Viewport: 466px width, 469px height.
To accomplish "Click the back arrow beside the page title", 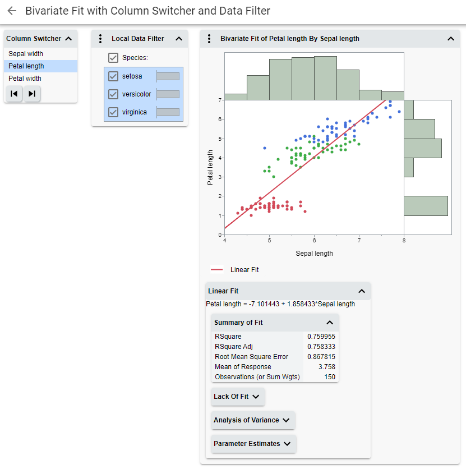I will pyautogui.click(x=12, y=11).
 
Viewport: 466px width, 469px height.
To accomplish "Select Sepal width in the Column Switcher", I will pyautogui.click(x=26, y=54).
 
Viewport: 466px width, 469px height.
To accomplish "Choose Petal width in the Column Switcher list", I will pyautogui.click(x=25, y=79).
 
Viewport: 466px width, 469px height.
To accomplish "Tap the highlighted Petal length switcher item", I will pyautogui.click(x=26, y=66).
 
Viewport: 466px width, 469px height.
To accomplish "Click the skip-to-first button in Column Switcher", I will pyautogui.click(x=14, y=94).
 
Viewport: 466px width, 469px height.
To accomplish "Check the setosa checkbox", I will pyautogui.click(x=113, y=76).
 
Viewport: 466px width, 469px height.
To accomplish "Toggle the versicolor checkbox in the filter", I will pyautogui.click(x=113, y=94).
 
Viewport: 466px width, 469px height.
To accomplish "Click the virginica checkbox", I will pyautogui.click(x=113, y=112).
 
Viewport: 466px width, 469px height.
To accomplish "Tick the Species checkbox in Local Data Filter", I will pyautogui.click(x=113, y=58).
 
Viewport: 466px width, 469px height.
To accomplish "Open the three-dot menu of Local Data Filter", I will pyautogui.click(x=100, y=39).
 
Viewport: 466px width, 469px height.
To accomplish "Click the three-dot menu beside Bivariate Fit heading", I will pyautogui.click(x=209, y=39).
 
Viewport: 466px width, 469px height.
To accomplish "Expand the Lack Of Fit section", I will pyautogui.click(x=237, y=397).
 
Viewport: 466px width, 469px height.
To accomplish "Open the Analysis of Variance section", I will pyautogui.click(x=252, y=420).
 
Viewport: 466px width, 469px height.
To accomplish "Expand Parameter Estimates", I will pyautogui.click(x=253, y=444).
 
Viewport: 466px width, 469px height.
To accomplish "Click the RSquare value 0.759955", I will pyautogui.click(x=321, y=337).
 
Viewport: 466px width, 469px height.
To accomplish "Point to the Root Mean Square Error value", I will pyautogui.click(x=321, y=357).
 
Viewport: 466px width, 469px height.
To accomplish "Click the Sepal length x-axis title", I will pyautogui.click(x=314, y=254).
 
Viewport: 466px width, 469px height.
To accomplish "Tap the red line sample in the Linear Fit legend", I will pyautogui.click(x=217, y=270).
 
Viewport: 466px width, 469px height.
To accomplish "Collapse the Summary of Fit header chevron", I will pyautogui.click(x=330, y=323).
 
